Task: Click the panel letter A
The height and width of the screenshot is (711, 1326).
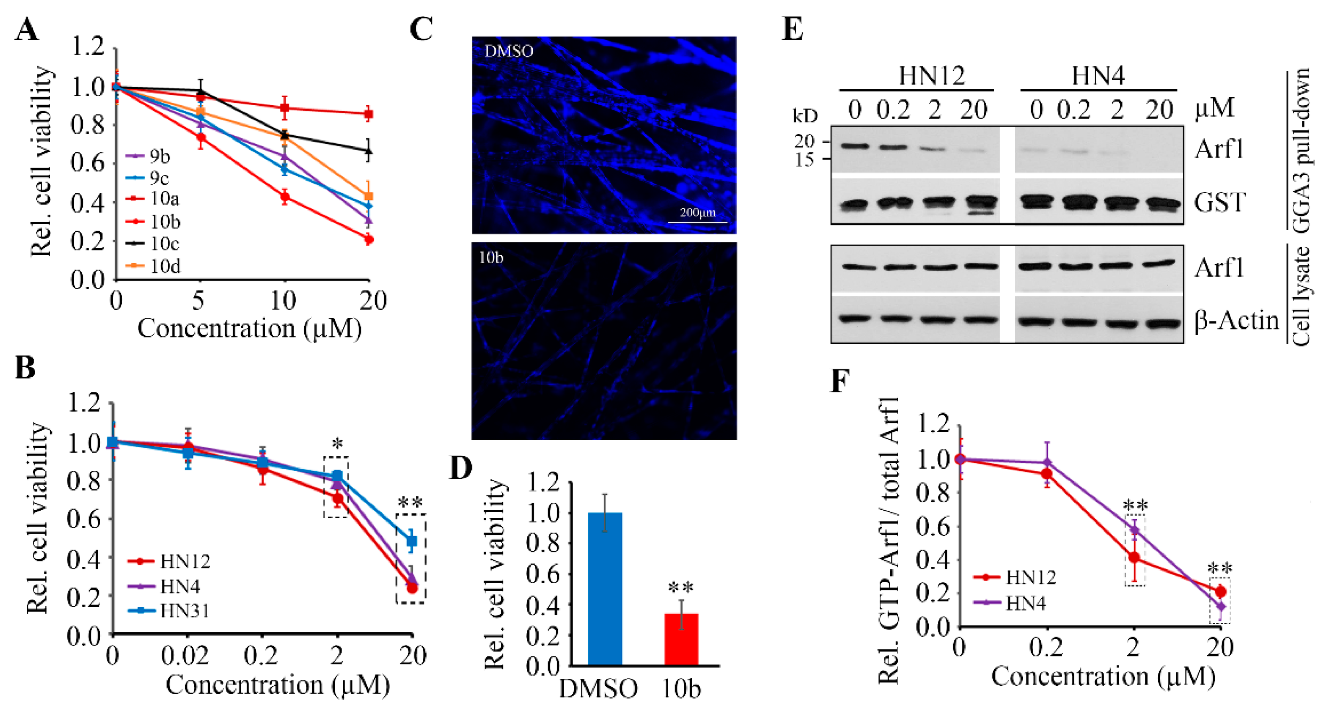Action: pyautogui.click(x=26, y=29)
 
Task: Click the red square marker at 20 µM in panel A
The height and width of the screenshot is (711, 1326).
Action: pyautogui.click(x=368, y=114)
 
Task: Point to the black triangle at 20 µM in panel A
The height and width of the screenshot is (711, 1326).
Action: pyautogui.click(x=368, y=151)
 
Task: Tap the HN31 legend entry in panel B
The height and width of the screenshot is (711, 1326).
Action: pyautogui.click(x=184, y=611)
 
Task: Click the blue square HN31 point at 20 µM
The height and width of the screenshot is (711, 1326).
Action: pyautogui.click(x=411, y=541)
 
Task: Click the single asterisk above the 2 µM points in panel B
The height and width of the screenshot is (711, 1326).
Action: pyautogui.click(x=337, y=444)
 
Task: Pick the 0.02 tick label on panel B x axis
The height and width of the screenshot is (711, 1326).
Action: pyautogui.click(x=185, y=656)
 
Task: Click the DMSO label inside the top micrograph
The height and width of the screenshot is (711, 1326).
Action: pyautogui.click(x=508, y=51)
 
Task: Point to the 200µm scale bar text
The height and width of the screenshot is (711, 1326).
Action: pyautogui.click(x=698, y=212)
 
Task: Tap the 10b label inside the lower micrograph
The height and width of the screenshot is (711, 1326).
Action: pyautogui.click(x=490, y=257)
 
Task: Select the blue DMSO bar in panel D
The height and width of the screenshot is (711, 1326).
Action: pyautogui.click(x=605, y=589)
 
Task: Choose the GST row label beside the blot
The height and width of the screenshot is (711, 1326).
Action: pyautogui.click(x=1219, y=202)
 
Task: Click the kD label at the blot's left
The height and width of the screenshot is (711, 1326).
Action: pyautogui.click(x=805, y=116)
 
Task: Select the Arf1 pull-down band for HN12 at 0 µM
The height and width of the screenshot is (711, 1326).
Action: pyautogui.click(x=854, y=147)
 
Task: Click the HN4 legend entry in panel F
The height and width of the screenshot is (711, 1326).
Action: pyautogui.click(x=1025, y=602)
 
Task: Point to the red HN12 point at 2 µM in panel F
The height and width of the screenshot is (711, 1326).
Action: pyautogui.click(x=1134, y=558)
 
